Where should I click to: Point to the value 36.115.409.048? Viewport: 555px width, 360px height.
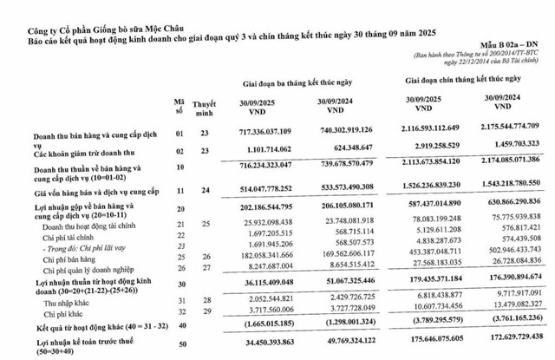pos(258,283)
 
